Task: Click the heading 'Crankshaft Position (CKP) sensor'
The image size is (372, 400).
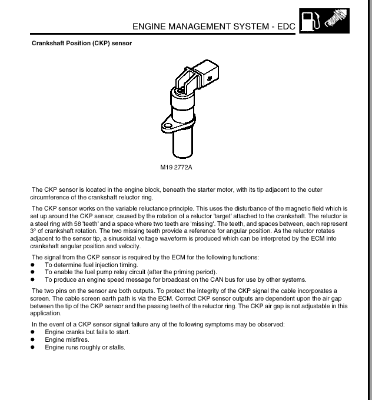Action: pos(81,44)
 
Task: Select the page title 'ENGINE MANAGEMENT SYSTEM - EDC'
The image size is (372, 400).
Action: pos(214,26)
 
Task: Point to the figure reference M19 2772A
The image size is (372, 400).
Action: pos(177,168)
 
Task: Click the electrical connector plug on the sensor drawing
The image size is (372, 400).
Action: pos(206,73)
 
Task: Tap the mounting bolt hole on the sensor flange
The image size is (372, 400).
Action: pos(167,125)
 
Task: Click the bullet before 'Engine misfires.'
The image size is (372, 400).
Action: pos(34,340)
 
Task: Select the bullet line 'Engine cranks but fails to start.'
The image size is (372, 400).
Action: pos(87,332)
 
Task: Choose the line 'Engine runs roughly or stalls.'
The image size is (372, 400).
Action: pos(85,348)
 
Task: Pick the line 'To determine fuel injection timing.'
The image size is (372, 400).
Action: pos(91,265)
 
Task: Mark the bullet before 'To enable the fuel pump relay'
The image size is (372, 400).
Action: pos(34,272)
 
